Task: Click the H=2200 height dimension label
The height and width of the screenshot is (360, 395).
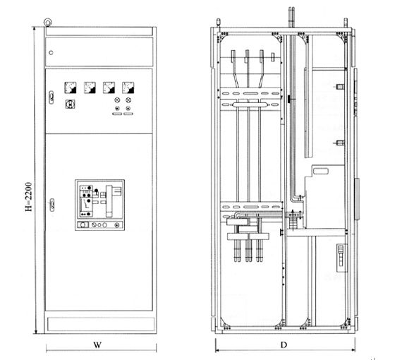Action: pos(29,197)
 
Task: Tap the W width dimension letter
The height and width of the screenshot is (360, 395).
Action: pos(97,345)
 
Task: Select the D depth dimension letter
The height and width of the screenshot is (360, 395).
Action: pos(284,345)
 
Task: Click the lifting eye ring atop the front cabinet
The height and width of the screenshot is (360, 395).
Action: pos(47,23)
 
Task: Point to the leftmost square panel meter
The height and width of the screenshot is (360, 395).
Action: pos(71,88)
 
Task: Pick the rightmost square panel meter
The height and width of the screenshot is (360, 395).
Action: pos(128,88)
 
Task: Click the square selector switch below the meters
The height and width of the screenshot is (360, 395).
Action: pos(71,104)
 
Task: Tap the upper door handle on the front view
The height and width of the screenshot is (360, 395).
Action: pos(51,97)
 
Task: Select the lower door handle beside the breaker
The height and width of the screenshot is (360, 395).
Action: pos(52,205)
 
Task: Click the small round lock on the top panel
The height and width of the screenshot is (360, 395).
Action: pos(51,53)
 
